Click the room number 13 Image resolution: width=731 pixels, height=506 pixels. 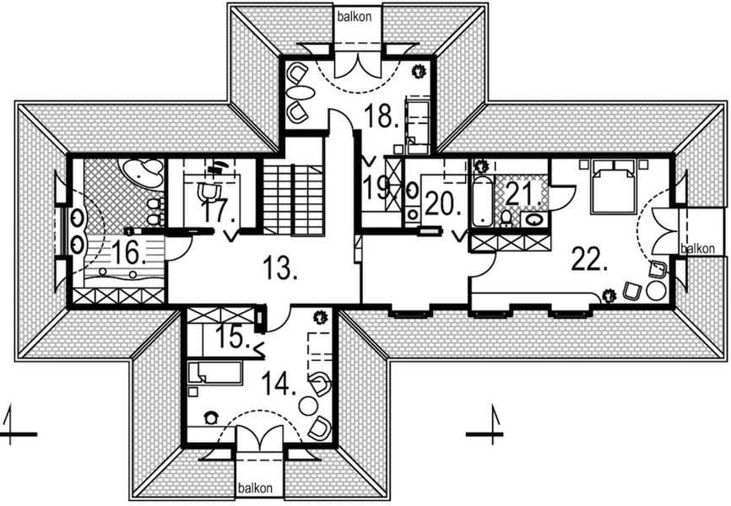pyautogui.click(x=280, y=270)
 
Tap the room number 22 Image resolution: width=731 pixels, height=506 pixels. pyautogui.click(x=590, y=259)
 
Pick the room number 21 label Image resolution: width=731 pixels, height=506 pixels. pyautogui.click(x=524, y=196)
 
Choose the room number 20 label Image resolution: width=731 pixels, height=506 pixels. pyautogui.click(x=441, y=204)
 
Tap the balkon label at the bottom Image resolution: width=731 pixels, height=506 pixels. pyautogui.click(x=254, y=488)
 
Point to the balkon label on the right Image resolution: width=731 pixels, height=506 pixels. pyautogui.click(x=699, y=249)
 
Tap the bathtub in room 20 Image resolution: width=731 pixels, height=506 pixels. pyautogui.click(x=482, y=202)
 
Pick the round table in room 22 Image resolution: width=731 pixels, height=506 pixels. pyautogui.click(x=655, y=289)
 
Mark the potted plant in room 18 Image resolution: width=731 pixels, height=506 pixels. pyautogui.click(x=418, y=73)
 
